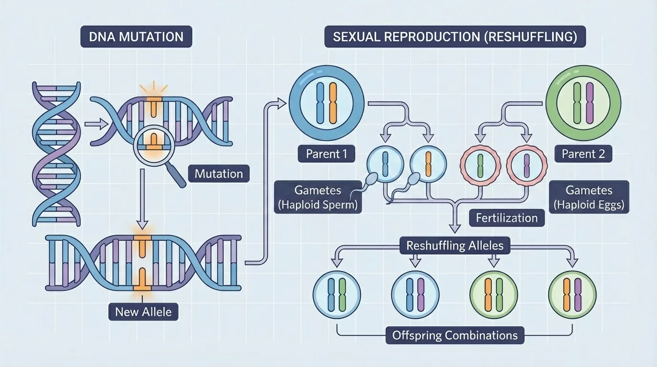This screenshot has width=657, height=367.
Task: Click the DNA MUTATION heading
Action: click(136, 37)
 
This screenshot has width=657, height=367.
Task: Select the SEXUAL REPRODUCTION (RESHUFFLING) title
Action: click(455, 37)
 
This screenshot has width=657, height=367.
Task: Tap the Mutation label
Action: click(219, 173)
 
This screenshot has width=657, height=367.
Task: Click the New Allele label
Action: click(143, 312)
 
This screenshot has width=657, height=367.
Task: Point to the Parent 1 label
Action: click(327, 154)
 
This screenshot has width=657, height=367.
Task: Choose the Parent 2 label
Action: click(583, 154)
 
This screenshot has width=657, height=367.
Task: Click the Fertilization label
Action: click(507, 218)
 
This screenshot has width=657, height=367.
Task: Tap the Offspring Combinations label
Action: click(455, 335)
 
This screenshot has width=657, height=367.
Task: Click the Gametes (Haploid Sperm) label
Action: click(318, 198)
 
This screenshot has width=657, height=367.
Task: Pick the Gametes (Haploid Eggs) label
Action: click(589, 198)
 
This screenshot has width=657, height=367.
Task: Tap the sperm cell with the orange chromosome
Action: click(428, 163)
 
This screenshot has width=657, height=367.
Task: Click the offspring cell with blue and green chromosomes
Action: click(337, 292)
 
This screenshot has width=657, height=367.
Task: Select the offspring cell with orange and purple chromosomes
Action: click(572, 292)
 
